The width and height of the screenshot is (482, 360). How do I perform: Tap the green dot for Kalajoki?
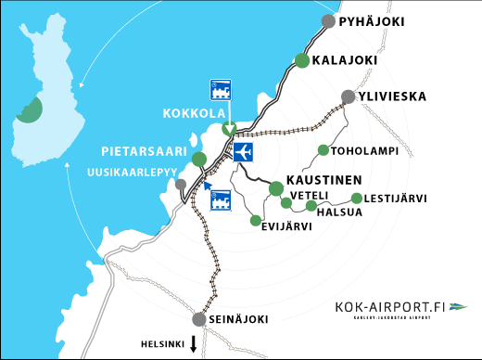pyautogui.click(x=301, y=60)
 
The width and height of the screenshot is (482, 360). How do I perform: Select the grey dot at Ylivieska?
pyautogui.click(x=348, y=96)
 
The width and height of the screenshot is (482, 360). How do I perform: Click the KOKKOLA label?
pyautogui.click(x=194, y=114)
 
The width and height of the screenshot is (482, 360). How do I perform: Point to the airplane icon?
pyautogui.click(x=244, y=152)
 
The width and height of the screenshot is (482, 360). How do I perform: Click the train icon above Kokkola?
pyautogui.click(x=222, y=90)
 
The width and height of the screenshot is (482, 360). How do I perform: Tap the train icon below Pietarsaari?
pyautogui.click(x=221, y=200)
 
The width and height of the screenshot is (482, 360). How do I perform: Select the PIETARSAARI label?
pyautogui.click(x=146, y=151)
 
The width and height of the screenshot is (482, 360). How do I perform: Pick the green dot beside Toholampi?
pyautogui.click(x=323, y=150)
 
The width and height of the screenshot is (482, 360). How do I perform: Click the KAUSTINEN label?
pyautogui.click(x=323, y=178)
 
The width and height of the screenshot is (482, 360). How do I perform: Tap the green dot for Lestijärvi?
pyautogui.click(x=357, y=198)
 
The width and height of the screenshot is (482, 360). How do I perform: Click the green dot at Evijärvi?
pyautogui.click(x=255, y=221)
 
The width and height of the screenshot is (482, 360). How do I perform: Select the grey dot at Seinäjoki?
pyautogui.click(x=198, y=319)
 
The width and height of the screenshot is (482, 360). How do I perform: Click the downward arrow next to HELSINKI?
pyautogui.click(x=193, y=344)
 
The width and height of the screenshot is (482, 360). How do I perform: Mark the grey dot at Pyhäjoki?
pyautogui.click(x=327, y=21)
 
